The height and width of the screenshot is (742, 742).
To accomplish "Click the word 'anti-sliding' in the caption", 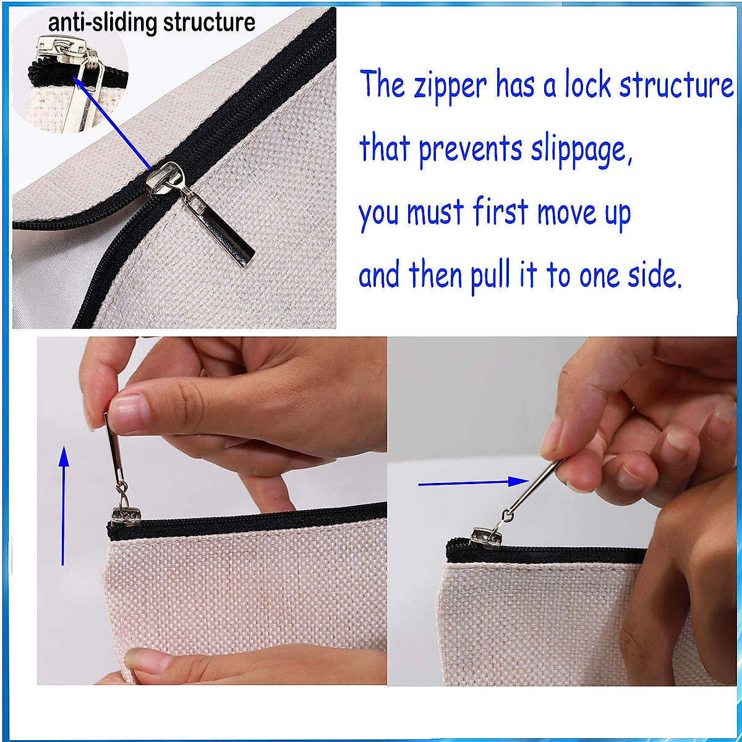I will (x=102, y=23).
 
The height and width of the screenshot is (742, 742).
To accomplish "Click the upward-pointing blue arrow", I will (x=63, y=507).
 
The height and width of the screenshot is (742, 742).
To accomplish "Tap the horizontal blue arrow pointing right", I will (x=473, y=483).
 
